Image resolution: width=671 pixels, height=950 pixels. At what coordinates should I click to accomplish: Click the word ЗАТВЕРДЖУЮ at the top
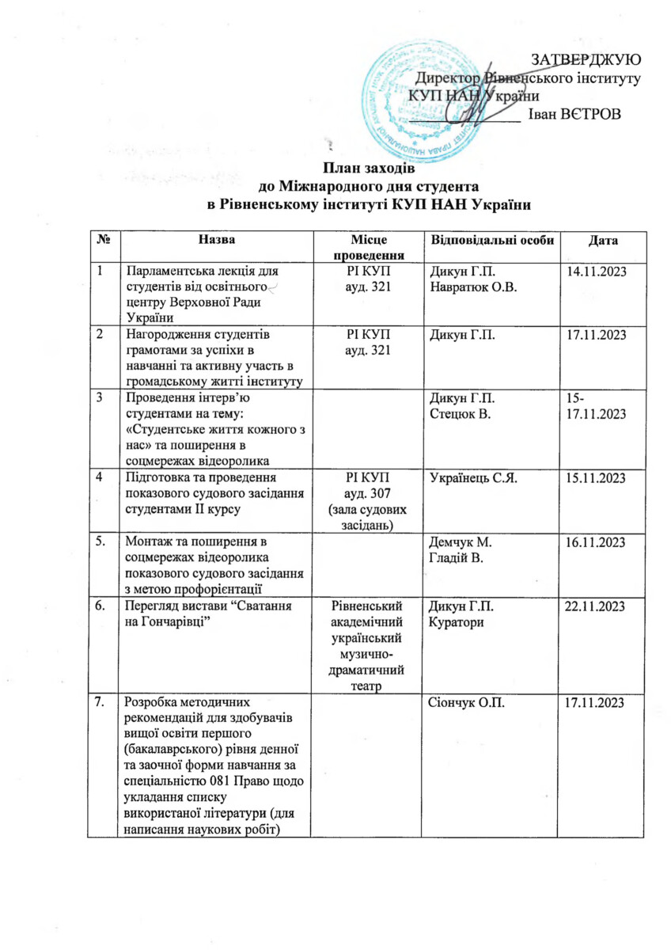point(586,60)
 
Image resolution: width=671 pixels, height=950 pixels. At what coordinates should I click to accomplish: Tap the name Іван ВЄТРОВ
point(574,112)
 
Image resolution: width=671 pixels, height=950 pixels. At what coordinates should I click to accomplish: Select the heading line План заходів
point(368,167)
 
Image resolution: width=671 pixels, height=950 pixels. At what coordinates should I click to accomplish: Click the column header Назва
point(217,239)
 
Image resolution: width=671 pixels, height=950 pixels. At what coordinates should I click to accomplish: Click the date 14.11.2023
point(597,272)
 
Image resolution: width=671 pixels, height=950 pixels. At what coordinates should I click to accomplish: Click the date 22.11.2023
point(597,606)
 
